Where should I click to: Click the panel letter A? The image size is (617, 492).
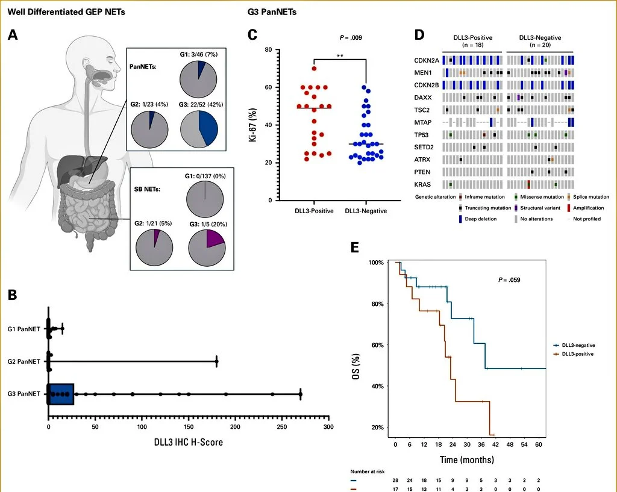13,35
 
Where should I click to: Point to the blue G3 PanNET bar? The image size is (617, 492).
61,393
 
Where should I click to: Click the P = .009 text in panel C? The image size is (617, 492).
351,38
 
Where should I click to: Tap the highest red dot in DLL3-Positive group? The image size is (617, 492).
314,68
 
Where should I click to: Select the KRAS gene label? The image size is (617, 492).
422,184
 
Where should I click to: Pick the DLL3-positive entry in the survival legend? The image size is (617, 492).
577,354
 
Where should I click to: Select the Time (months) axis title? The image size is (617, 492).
466,460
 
